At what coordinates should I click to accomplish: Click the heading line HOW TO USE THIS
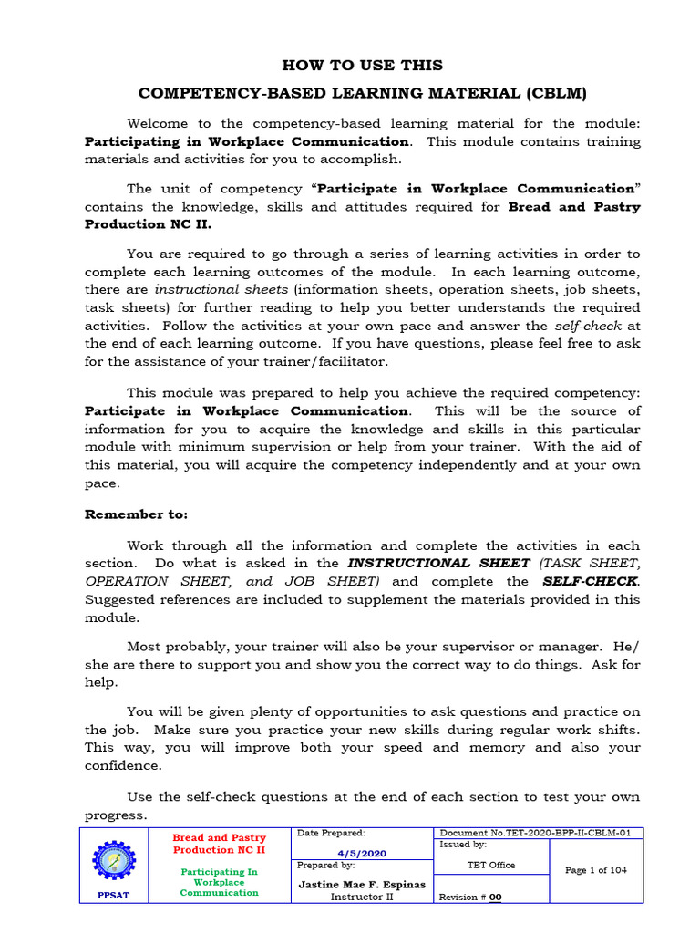click(363, 66)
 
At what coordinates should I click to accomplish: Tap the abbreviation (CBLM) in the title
click(554, 93)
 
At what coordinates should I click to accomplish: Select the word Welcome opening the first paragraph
click(158, 123)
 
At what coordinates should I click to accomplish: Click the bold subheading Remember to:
click(136, 514)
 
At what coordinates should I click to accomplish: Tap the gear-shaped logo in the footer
click(115, 861)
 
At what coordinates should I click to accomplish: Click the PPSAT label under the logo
click(114, 896)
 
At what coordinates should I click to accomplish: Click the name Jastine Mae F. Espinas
click(363, 885)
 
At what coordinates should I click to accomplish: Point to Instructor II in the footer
click(363, 897)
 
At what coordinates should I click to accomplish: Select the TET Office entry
click(491, 865)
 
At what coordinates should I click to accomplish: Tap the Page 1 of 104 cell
click(596, 870)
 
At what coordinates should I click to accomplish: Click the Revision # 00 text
click(470, 898)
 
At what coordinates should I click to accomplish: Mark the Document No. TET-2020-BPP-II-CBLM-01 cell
click(540, 833)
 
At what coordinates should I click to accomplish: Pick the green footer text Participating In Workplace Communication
click(219, 882)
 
